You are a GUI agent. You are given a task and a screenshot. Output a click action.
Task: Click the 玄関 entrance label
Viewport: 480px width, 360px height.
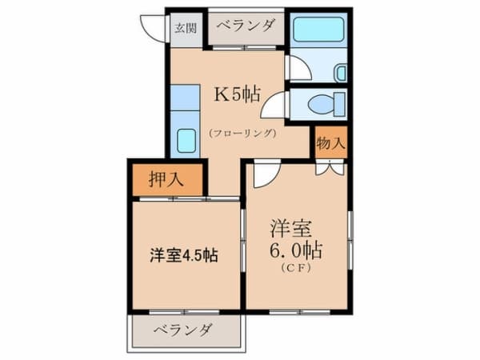tap(186, 29)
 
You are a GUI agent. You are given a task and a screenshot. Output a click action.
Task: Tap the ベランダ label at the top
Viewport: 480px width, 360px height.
tap(246, 25)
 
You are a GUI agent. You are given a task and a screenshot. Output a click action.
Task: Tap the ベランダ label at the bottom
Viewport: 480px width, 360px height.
tap(182, 330)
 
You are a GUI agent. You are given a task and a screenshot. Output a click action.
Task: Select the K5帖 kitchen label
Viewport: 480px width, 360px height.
tap(238, 94)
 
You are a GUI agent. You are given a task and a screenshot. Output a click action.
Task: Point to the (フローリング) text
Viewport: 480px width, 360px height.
tap(243, 133)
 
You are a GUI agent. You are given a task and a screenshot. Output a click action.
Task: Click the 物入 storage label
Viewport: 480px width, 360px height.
tap(331, 142)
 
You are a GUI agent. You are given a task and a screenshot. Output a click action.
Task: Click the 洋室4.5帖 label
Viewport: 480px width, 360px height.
tap(184, 254)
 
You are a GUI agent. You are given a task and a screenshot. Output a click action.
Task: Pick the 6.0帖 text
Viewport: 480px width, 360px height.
tap(296, 252)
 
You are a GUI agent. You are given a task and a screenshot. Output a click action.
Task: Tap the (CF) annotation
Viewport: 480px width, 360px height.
tap(296, 268)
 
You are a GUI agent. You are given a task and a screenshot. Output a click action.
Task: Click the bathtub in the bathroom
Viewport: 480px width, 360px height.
tap(318, 30)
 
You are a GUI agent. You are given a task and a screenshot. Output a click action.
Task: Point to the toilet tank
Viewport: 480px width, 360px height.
tap(339, 104)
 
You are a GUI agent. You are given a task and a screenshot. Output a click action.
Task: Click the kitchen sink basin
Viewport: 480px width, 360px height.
tap(186, 141)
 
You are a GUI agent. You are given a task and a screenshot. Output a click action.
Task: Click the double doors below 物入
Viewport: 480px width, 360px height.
tap(330, 168)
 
